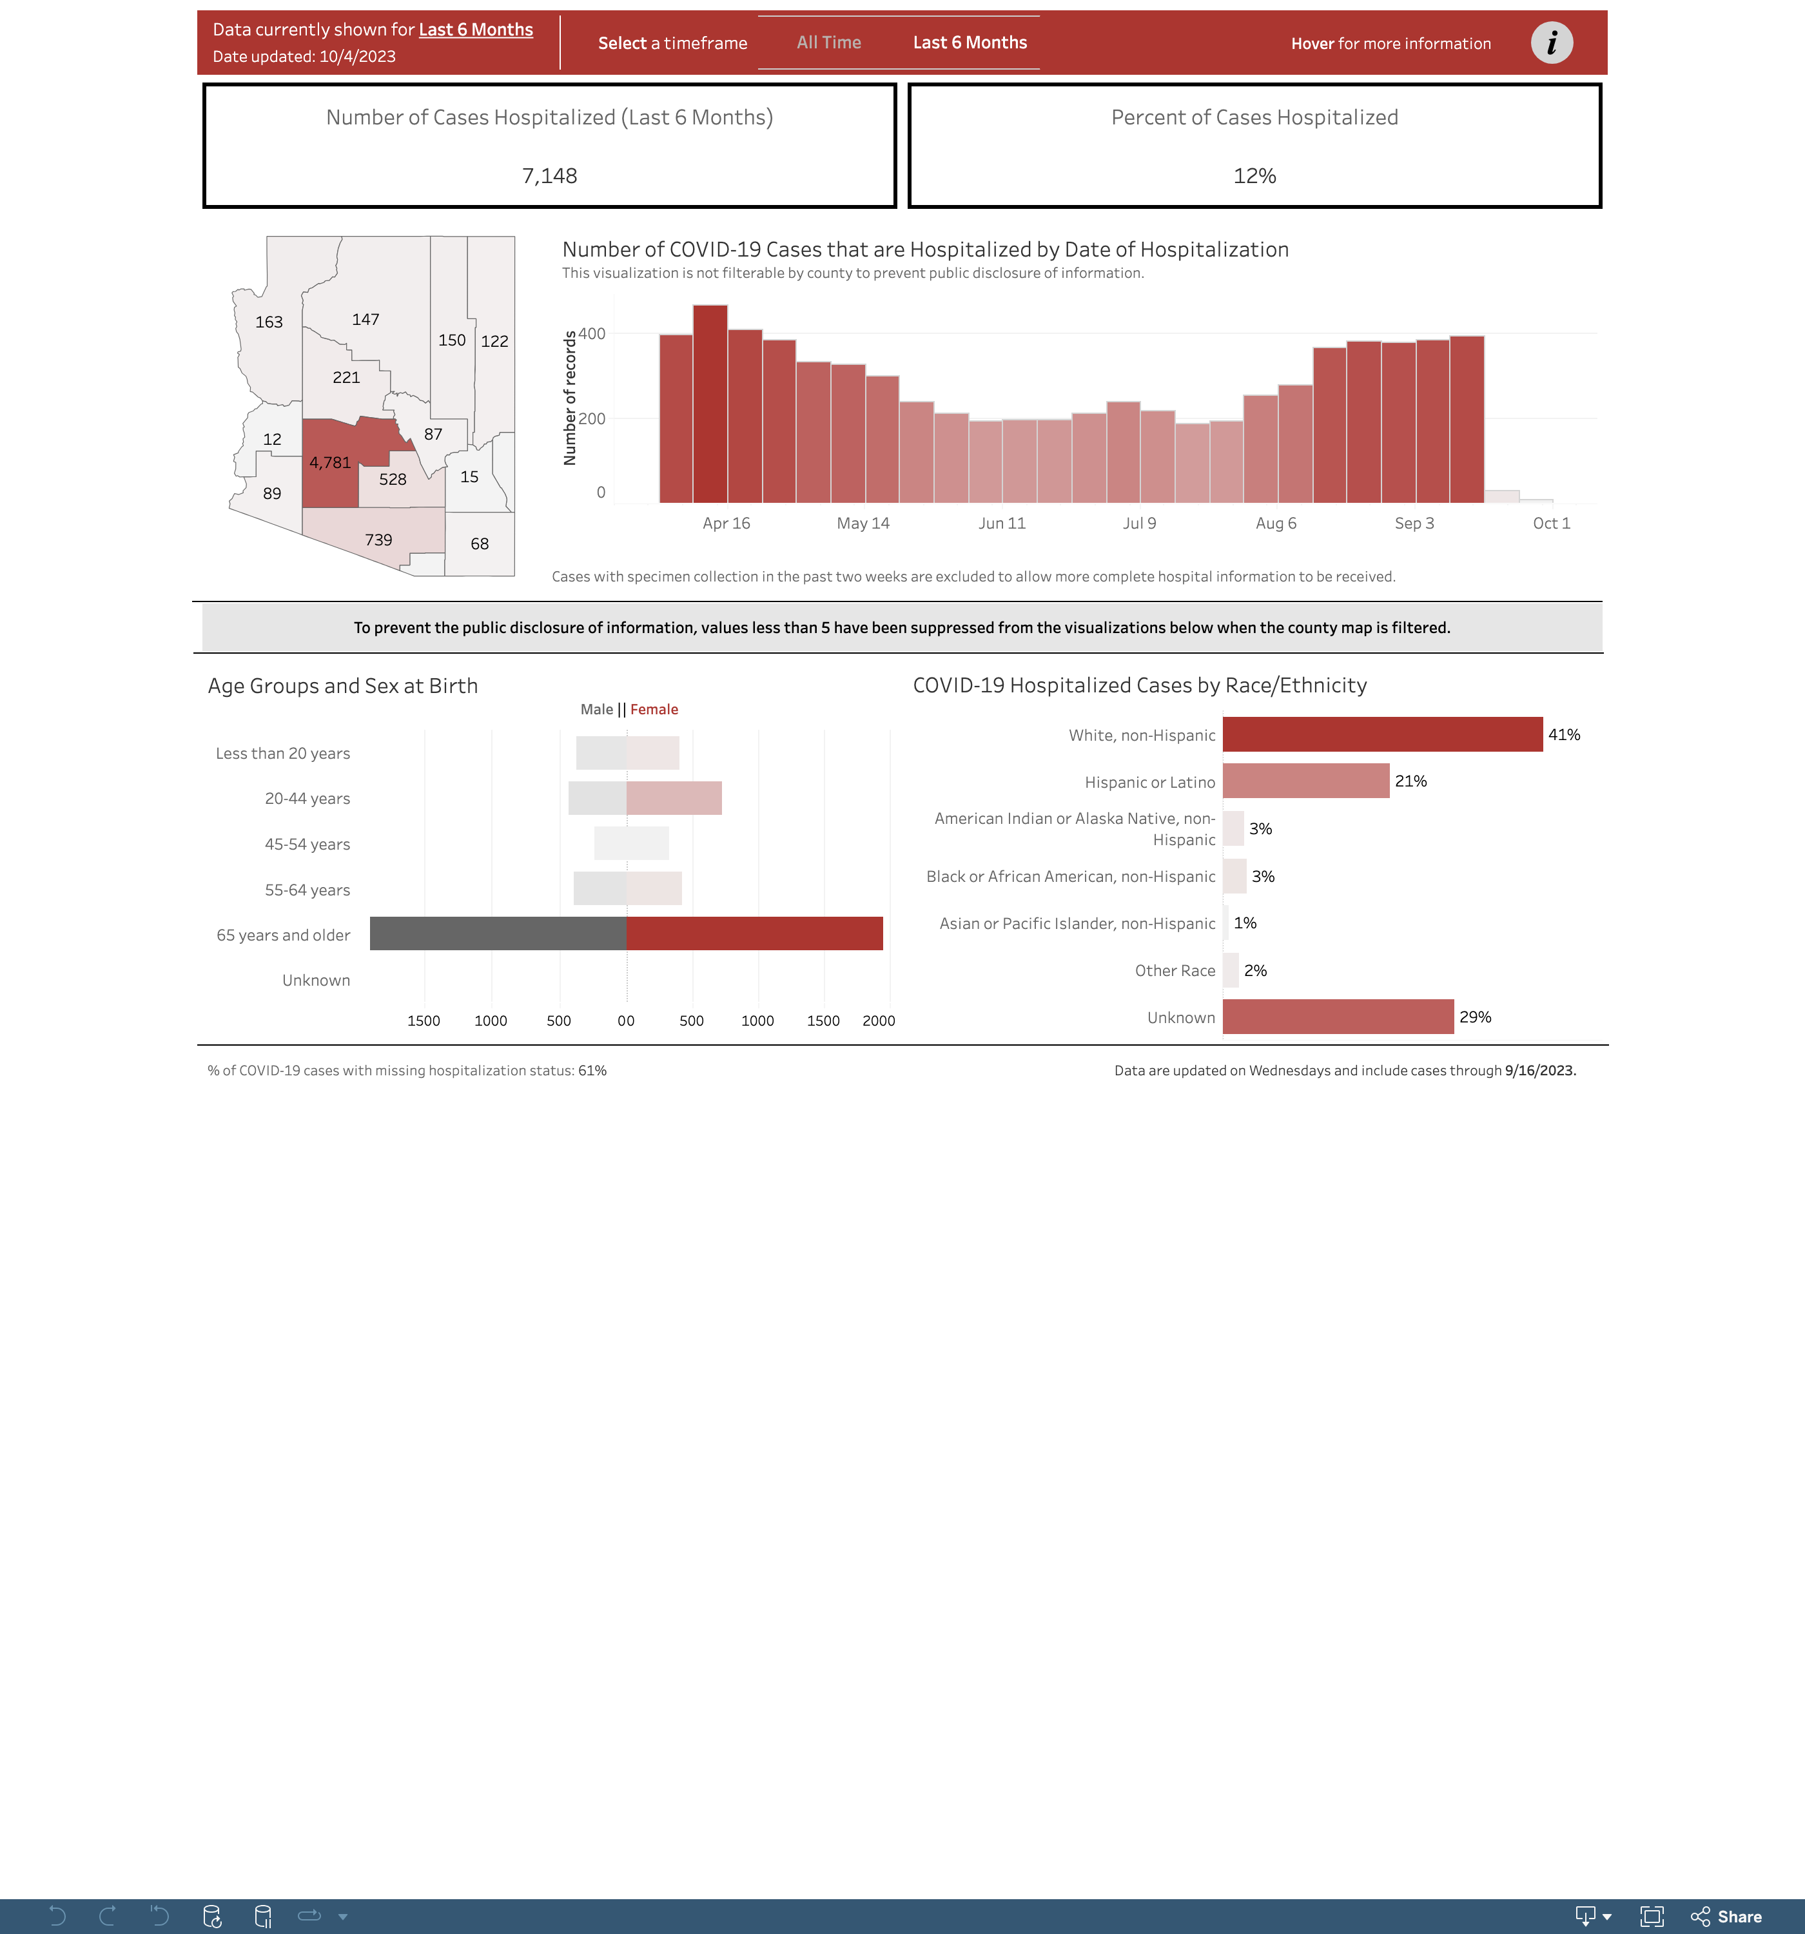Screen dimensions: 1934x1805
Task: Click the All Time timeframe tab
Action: (828, 43)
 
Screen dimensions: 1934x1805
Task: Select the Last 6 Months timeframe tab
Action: (969, 43)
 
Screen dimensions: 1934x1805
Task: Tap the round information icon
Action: (1551, 43)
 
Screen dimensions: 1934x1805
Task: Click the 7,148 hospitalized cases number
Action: (550, 176)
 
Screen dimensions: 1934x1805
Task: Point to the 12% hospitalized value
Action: (1254, 176)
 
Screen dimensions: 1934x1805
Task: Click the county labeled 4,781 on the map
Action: (330, 463)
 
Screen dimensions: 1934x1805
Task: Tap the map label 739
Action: (378, 540)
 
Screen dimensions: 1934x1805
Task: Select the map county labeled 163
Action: (269, 322)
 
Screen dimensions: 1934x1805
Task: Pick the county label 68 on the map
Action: (480, 544)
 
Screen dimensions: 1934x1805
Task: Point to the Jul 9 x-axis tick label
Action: (1140, 523)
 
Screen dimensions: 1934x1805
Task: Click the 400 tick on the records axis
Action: (592, 334)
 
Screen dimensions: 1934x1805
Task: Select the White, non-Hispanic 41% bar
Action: (1381, 734)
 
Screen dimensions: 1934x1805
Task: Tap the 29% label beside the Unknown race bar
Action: (1475, 1017)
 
